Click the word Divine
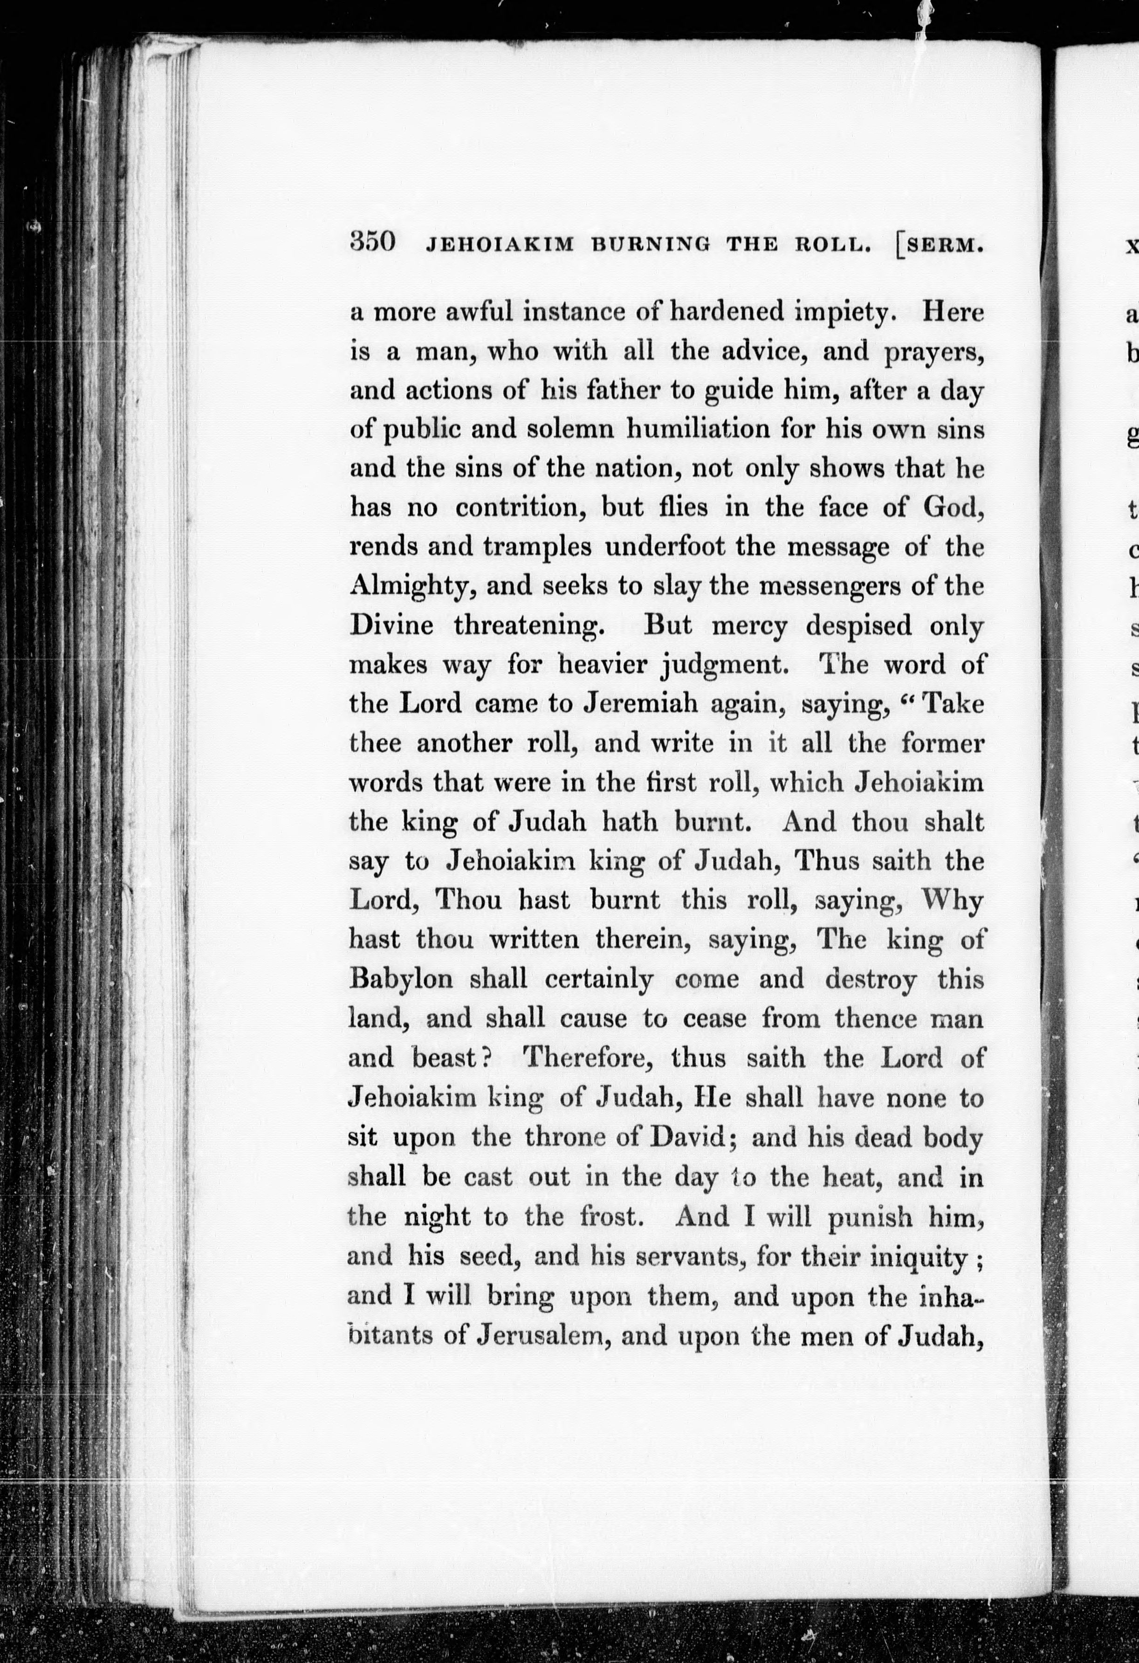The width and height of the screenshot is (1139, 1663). [391, 625]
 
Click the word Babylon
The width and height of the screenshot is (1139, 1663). [401, 979]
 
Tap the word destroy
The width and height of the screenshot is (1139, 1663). [871, 979]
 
